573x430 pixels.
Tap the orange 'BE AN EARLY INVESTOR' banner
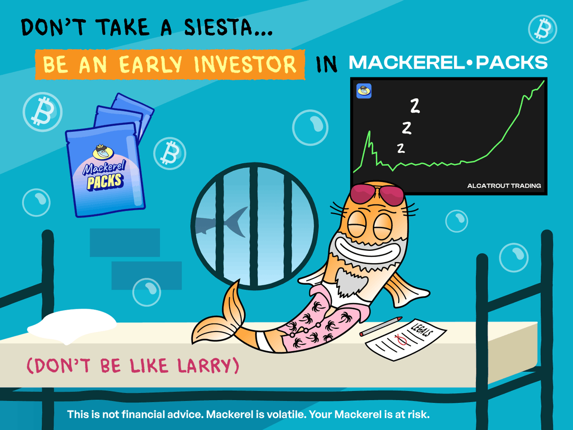click(170, 64)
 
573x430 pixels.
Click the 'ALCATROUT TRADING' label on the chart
click(504, 185)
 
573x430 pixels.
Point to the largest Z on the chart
click(414, 106)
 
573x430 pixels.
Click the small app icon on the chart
click(364, 91)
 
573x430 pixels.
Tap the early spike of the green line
click(369, 134)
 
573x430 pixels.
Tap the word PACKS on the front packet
click(105, 181)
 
